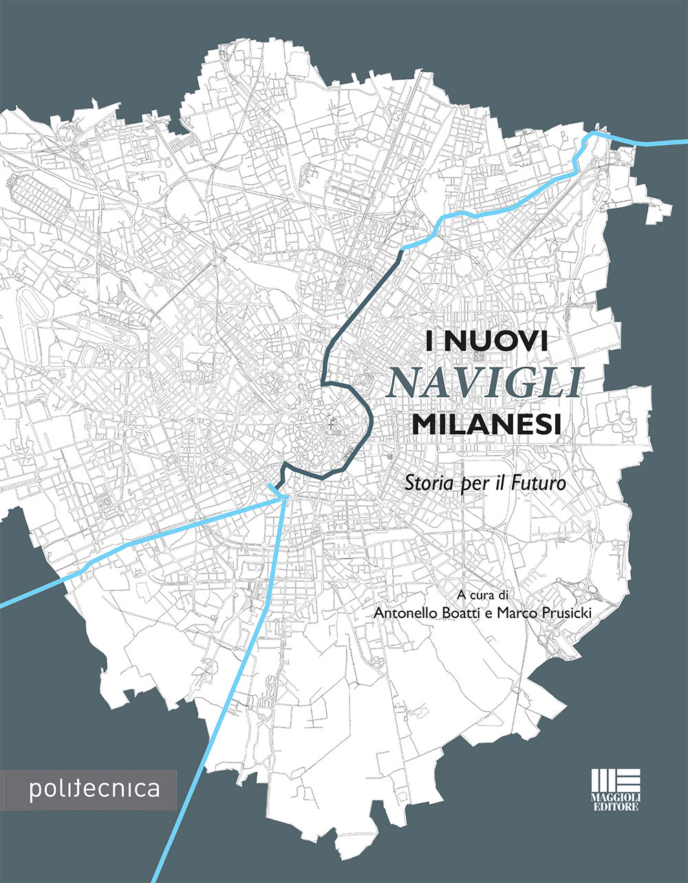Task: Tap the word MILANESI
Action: coord(485,423)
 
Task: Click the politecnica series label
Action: coord(94,789)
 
